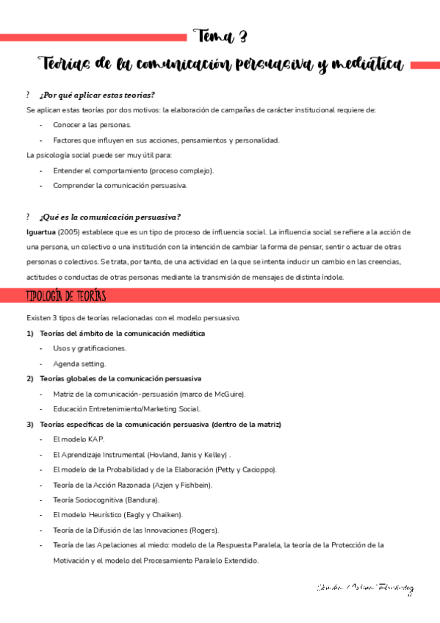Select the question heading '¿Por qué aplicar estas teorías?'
97,96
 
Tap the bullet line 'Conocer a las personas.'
87,125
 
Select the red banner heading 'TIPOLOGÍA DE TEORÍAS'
66,295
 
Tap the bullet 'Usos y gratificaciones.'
90,348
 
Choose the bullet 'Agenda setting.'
79,363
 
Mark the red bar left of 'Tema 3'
93,37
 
